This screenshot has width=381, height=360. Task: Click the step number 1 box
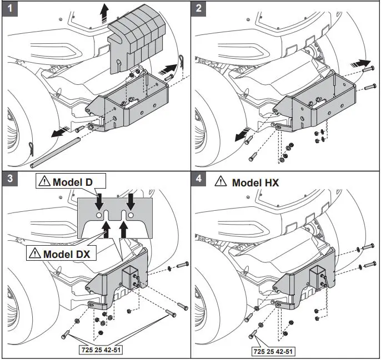(x=9, y=9)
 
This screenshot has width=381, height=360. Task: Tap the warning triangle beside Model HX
(x=220, y=181)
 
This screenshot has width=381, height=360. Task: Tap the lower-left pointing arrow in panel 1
(x=55, y=133)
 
